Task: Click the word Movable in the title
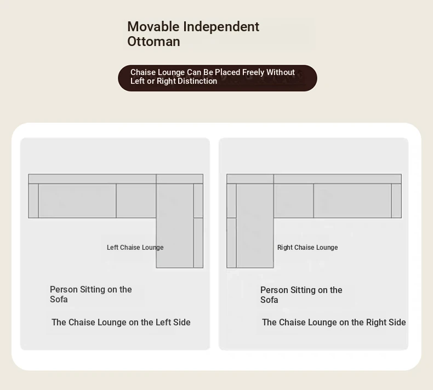click(x=153, y=27)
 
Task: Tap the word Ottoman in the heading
click(x=153, y=42)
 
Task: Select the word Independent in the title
click(x=221, y=27)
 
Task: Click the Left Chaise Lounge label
click(x=135, y=247)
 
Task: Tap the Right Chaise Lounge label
click(x=307, y=247)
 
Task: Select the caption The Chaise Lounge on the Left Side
click(x=121, y=322)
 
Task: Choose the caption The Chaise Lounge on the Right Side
click(x=334, y=322)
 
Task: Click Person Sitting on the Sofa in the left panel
click(x=91, y=294)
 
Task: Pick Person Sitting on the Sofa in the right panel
click(x=301, y=295)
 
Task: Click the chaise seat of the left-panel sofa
click(x=175, y=226)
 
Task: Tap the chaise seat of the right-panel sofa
click(x=255, y=226)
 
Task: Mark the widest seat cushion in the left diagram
click(x=77, y=200)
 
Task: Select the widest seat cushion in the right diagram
click(x=352, y=200)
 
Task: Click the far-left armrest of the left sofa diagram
click(x=33, y=200)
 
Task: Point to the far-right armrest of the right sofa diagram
click(x=396, y=200)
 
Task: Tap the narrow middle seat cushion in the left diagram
click(x=136, y=200)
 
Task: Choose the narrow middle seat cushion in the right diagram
click(x=294, y=200)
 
